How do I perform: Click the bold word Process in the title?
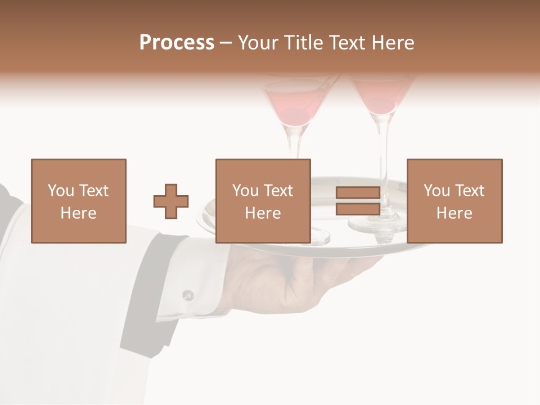(177, 43)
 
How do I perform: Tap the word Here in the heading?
(391, 43)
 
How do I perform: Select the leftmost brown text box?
(78, 201)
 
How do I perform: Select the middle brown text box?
(263, 201)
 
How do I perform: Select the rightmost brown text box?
(454, 201)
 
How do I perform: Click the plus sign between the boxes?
(171, 201)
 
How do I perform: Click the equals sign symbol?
(358, 201)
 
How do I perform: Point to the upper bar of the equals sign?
(358, 193)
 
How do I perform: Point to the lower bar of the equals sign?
(358, 209)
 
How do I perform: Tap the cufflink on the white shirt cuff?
(188, 295)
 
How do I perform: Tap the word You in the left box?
(61, 191)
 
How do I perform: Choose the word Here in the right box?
(454, 213)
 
